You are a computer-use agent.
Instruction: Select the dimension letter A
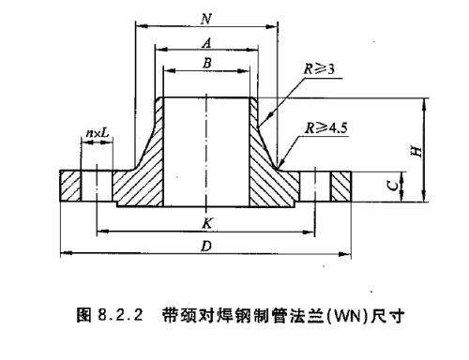coord(205,41)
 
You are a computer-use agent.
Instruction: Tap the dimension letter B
coord(205,62)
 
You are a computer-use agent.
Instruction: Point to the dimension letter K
coord(205,222)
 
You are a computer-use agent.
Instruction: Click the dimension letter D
coord(205,246)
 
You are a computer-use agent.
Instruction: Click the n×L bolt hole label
coord(96,134)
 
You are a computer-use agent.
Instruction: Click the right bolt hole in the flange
coord(322,185)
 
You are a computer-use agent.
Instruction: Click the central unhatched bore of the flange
coord(205,150)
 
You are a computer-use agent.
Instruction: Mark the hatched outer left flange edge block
coord(71,185)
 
